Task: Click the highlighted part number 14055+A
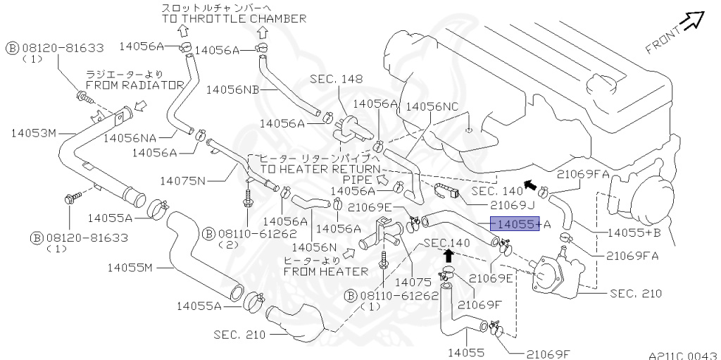tap(515, 224)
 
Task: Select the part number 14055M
tap(130, 267)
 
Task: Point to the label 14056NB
tap(232, 89)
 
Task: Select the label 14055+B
tap(634, 232)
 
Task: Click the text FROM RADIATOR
tap(134, 85)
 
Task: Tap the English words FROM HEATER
tap(325, 271)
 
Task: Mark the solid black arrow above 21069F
tap(447, 256)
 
